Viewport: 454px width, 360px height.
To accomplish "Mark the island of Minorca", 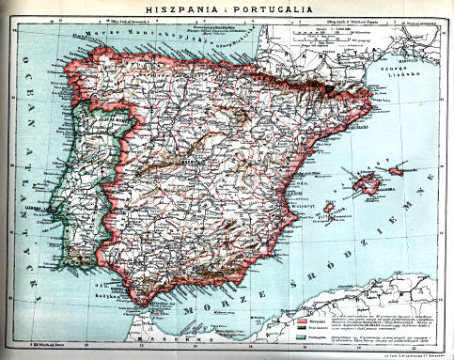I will click(397, 170).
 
